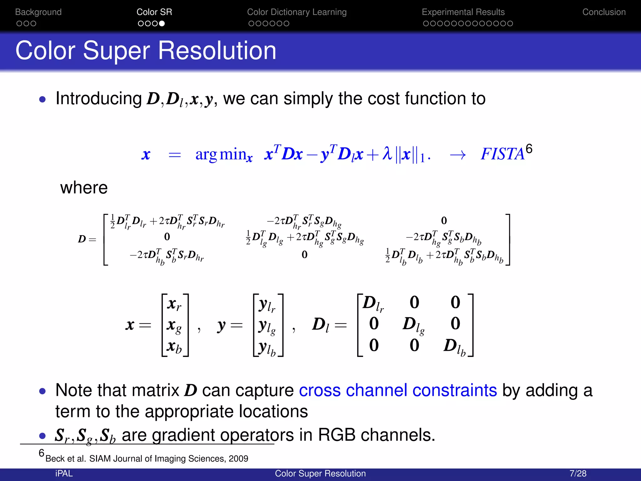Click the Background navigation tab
(38, 12)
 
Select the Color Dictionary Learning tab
(297, 12)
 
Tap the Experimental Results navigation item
(463, 12)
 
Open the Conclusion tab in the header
(604, 12)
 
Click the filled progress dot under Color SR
(162, 23)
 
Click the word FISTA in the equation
(502, 154)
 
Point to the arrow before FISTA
(458, 155)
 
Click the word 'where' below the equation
(84, 188)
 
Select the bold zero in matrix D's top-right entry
(444, 221)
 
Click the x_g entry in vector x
(174, 326)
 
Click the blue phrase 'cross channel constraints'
(398, 390)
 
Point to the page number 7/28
(578, 473)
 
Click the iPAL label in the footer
(64, 473)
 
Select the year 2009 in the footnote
(238, 459)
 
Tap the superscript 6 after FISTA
(529, 148)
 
